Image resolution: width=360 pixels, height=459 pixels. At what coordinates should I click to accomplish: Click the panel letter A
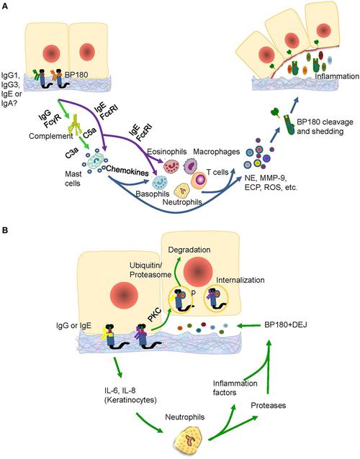pos(5,6)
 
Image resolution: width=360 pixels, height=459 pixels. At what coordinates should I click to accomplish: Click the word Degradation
pos(189,248)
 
